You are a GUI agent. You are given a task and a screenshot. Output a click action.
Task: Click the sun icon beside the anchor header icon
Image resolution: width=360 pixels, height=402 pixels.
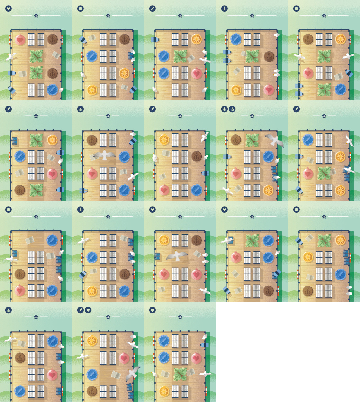[x=224, y=109]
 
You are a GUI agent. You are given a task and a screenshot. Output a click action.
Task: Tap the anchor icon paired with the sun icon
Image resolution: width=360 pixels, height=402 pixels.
[x=232, y=109]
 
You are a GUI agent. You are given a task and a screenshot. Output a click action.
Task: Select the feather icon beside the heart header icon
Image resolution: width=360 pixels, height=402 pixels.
[x=80, y=310]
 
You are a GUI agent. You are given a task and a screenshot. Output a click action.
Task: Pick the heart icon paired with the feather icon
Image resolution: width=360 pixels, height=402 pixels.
[x=88, y=310]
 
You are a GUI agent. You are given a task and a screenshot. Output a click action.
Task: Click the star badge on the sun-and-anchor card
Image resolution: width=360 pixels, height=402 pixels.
[x=252, y=116]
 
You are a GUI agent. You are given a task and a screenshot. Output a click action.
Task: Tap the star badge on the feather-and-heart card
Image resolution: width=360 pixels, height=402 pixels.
[x=108, y=317]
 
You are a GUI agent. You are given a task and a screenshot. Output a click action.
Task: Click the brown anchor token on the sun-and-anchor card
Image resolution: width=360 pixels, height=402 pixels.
[x=236, y=140]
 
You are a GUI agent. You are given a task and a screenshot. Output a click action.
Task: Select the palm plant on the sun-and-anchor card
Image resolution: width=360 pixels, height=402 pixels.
[x=252, y=140]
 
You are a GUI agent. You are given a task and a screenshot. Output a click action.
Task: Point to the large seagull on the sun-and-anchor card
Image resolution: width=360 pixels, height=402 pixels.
[x=274, y=140]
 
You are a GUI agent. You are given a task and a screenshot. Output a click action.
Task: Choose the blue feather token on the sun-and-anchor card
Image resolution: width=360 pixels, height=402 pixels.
[x=269, y=157]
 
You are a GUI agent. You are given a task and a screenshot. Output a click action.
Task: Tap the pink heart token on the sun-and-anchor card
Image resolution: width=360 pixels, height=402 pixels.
[x=236, y=173]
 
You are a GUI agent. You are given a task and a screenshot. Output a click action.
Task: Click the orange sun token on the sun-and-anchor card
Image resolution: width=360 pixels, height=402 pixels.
[x=269, y=190]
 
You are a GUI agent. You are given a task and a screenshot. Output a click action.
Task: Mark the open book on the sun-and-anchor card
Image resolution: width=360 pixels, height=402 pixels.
[x=238, y=189]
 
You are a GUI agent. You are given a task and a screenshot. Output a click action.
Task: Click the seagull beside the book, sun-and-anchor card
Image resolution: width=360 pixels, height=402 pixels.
[x=227, y=190]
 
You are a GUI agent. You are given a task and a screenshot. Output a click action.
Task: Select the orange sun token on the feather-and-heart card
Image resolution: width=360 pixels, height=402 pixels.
[x=92, y=341]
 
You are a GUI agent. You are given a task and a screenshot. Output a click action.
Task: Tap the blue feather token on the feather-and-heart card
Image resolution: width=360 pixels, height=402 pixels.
[x=92, y=375]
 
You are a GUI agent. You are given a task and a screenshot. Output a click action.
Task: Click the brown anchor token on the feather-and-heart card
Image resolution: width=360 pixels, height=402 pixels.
[x=92, y=391]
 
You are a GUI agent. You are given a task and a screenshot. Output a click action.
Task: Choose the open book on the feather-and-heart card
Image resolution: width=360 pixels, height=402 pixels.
[x=116, y=375]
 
